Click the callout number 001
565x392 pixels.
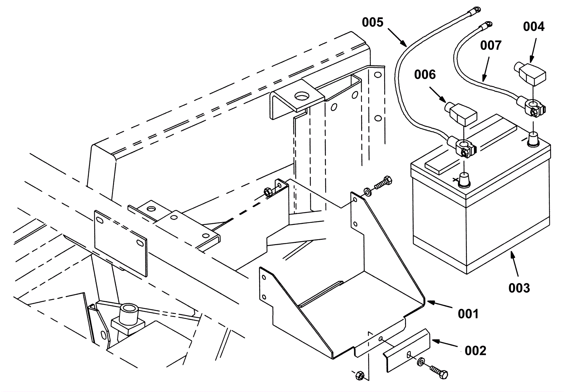pyautogui.click(x=468, y=314)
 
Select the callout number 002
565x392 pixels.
pyautogui.click(x=475, y=351)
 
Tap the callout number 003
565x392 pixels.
pyautogui.click(x=519, y=288)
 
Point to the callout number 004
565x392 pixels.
pyautogui.click(x=534, y=26)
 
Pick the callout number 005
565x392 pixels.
pyautogui.click(x=373, y=23)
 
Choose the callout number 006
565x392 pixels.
pyautogui.click(x=425, y=75)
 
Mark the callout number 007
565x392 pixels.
pyautogui.click(x=491, y=46)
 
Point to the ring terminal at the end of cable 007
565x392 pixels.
pyautogui.click(x=486, y=25)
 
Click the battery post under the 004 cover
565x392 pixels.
pyautogui.click(x=533, y=139)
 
